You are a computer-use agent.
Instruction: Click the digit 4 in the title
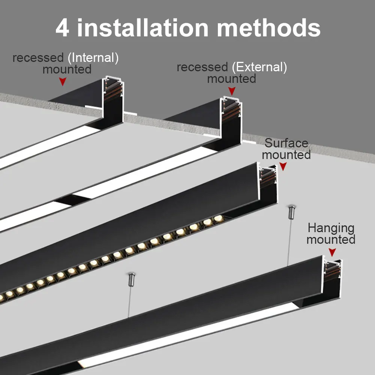(x=63, y=28)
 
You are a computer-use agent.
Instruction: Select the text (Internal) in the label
(x=95, y=58)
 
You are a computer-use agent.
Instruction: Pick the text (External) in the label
(x=259, y=67)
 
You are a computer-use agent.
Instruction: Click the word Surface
(x=286, y=143)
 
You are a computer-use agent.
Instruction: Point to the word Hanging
(x=331, y=228)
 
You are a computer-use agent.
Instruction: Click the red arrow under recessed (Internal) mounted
(x=63, y=81)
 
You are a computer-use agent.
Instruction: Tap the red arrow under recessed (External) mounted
(x=232, y=91)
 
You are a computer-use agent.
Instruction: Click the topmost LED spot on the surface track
(x=218, y=218)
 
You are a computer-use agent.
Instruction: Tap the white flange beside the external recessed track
(x=247, y=142)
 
